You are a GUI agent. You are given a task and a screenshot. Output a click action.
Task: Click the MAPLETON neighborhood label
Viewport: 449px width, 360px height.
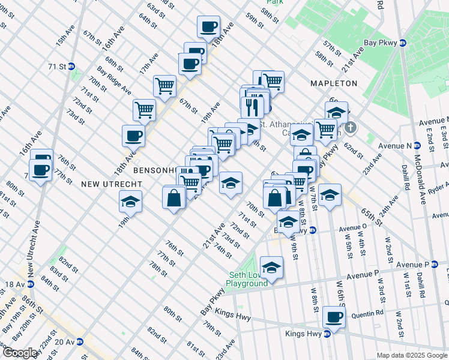tap(334, 83)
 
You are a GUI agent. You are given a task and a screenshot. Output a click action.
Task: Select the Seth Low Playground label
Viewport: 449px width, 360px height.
tap(247, 280)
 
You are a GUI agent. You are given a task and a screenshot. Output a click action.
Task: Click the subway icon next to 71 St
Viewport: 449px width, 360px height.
tap(71, 67)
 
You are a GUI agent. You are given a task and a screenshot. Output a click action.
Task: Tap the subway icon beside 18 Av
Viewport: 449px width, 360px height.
tap(30, 284)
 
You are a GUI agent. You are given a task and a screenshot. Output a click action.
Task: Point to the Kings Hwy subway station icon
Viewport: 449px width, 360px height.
tap(327, 334)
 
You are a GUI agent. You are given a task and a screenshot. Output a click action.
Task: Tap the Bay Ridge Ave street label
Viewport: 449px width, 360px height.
tap(114, 80)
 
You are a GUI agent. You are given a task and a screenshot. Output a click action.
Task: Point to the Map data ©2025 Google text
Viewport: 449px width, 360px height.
tap(412, 355)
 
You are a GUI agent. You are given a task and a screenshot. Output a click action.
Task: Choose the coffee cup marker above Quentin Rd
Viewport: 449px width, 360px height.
tap(334, 316)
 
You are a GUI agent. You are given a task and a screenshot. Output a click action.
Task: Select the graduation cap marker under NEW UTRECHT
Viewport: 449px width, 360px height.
tap(130, 202)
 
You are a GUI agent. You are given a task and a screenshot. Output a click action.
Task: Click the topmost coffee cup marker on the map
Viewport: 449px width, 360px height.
tap(209, 26)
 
